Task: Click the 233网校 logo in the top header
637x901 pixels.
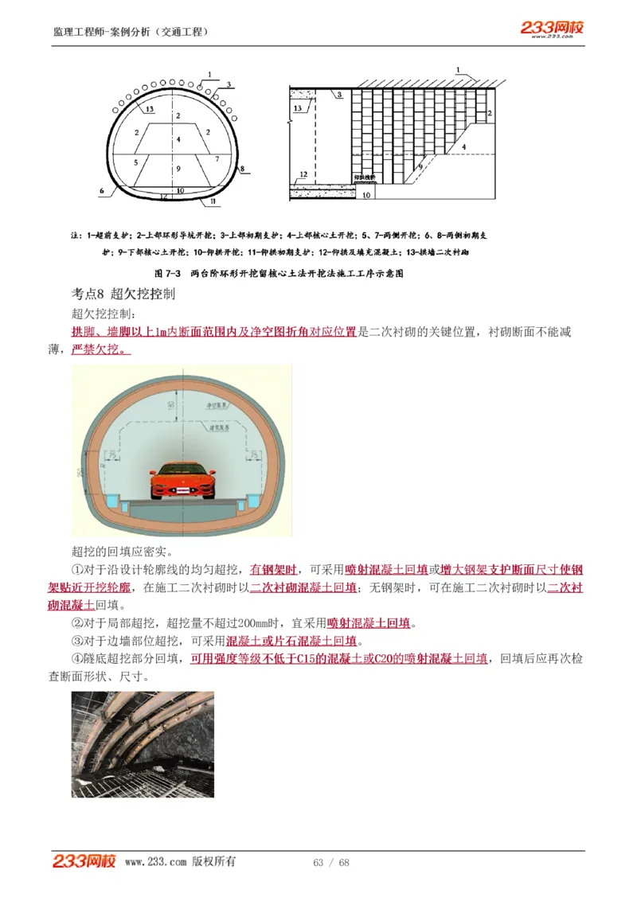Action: pos(553,29)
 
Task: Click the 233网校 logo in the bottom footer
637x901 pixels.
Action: pos(84,861)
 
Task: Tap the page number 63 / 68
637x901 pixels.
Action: pos(331,863)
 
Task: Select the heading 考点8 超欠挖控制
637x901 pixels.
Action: pos(123,294)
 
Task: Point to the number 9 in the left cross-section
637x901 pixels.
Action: pos(178,169)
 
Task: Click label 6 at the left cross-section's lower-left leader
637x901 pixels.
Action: pos(102,191)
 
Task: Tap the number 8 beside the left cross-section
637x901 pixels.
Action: pos(242,169)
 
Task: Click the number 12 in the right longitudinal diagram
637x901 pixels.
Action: pos(303,174)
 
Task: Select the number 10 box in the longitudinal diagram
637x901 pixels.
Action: pos(366,193)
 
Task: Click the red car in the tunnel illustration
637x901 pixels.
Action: pos(182,479)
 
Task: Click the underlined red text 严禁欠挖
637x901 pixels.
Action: pos(101,349)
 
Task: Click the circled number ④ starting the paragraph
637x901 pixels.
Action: pos(77,659)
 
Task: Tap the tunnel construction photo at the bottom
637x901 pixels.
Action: pos(143,744)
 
